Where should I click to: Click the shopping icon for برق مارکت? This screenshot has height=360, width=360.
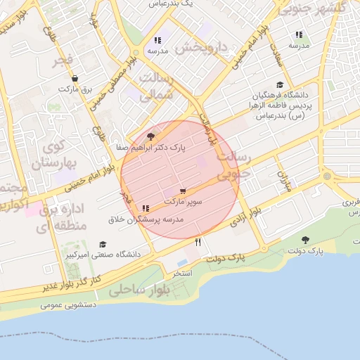[75, 79]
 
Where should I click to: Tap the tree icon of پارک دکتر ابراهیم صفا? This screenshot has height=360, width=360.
[150, 136]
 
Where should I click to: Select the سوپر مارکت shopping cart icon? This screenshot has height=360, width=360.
[183, 191]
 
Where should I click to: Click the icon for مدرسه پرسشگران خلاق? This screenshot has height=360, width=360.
[146, 209]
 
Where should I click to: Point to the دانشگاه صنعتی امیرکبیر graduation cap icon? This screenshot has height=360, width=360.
[103, 243]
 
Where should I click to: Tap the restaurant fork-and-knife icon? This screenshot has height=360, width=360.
[198, 242]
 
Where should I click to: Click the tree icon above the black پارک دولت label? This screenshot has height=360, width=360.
[305, 240]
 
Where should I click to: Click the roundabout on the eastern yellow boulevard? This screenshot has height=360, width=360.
[328, 176]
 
